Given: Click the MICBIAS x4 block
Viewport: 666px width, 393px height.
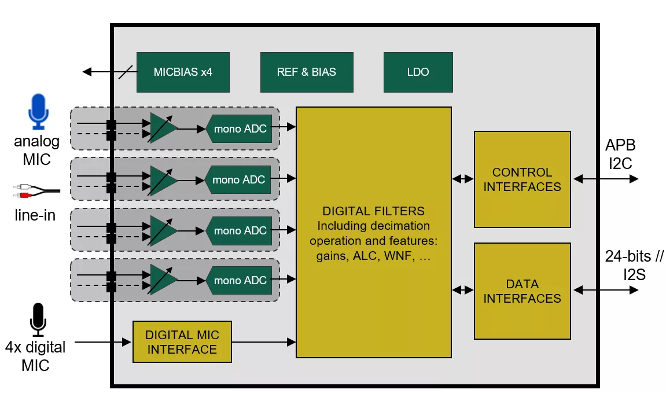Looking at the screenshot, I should (x=183, y=72).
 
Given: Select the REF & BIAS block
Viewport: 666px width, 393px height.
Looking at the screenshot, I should (x=307, y=72).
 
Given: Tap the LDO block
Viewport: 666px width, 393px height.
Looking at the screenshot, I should (x=418, y=72).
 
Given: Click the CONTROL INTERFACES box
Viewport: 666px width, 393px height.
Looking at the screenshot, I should (x=522, y=179).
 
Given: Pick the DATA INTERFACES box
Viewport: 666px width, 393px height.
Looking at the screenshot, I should (x=522, y=291).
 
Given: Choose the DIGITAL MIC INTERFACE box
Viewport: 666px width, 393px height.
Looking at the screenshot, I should (x=182, y=342).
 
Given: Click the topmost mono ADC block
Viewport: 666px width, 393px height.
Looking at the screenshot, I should (x=239, y=128).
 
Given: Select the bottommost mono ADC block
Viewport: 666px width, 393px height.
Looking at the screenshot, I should (x=239, y=281).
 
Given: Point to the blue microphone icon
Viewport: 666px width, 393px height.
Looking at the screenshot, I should (x=38, y=111).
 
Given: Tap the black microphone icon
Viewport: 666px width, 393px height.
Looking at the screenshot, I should (x=38, y=319).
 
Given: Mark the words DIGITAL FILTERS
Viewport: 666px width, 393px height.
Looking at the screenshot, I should (x=373, y=211).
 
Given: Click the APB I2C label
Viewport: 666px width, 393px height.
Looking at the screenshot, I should (x=620, y=154).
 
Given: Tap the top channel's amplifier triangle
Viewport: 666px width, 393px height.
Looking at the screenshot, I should (x=163, y=128).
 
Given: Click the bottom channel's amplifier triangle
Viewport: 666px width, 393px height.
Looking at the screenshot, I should (x=163, y=280).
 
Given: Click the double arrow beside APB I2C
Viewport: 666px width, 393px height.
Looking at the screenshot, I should (x=605, y=179).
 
